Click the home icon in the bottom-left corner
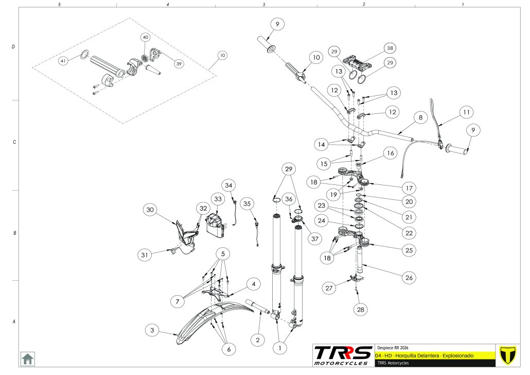click(x=27, y=358)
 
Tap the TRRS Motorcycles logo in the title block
click(x=343, y=355)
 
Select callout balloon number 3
click(x=152, y=330)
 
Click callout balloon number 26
click(x=409, y=278)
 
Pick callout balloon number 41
click(x=63, y=61)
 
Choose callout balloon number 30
click(x=150, y=210)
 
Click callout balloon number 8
click(x=420, y=117)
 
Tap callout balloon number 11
click(x=466, y=112)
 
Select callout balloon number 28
click(x=360, y=309)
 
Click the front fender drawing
click(x=201, y=319)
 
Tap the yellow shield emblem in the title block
click(x=508, y=355)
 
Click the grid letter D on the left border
click(x=13, y=47)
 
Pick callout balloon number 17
click(x=409, y=188)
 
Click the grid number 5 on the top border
click(x=60, y=4)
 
